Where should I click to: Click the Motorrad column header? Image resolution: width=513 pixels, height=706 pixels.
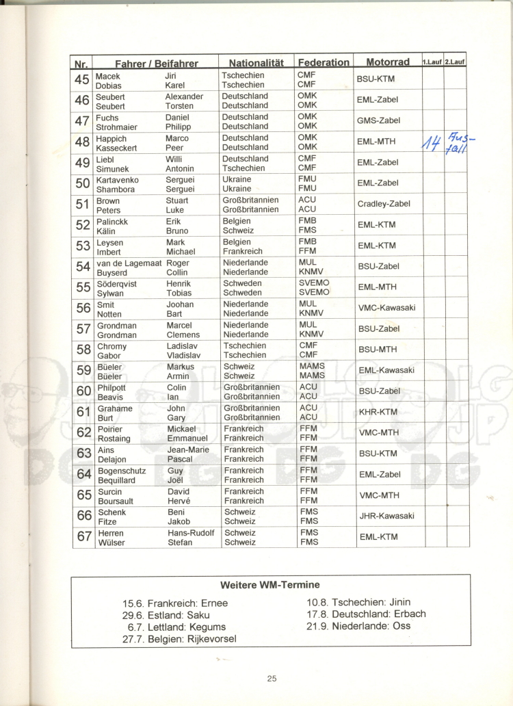coord(388,62)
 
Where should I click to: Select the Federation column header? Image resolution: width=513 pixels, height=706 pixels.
coord(324,62)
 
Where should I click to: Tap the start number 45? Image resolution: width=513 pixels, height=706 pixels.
coord(82,79)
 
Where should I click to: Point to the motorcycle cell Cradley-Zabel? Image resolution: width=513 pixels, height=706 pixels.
coord(384,204)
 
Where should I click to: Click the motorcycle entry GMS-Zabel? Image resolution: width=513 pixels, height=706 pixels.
coord(378,120)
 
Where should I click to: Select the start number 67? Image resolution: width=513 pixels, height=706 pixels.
coord(83,537)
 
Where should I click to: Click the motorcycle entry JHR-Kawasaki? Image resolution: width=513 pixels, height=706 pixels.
coord(386,517)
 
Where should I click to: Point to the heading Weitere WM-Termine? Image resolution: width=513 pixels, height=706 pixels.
coord(270,585)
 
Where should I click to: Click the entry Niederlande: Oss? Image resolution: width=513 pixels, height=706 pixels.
coord(358,626)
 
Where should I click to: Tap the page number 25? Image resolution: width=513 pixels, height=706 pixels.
coord(272,679)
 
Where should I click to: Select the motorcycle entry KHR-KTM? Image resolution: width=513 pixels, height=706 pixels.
coord(378,412)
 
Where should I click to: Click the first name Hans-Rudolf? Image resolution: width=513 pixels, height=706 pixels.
coord(191,533)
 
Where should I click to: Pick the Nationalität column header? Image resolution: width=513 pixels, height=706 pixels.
coord(256,62)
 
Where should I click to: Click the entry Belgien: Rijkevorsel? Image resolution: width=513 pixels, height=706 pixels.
coord(179,639)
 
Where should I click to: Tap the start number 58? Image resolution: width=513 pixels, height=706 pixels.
coord(83,350)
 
